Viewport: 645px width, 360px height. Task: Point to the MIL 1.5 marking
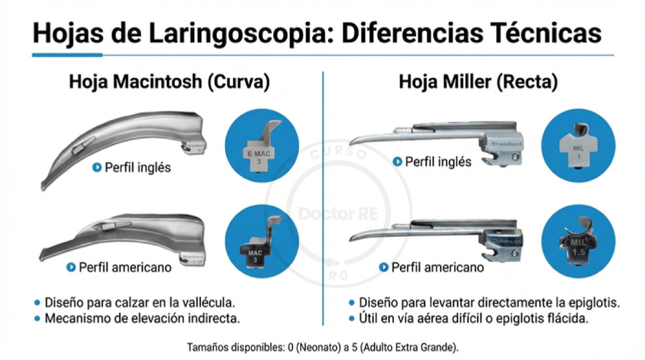[578, 247]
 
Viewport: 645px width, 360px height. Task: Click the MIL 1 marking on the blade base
[578, 152]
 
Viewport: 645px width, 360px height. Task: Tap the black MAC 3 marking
[255, 256]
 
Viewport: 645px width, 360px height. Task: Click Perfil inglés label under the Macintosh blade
[137, 168]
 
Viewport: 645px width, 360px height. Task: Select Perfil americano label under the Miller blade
[437, 268]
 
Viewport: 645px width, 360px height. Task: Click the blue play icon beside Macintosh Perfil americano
[71, 268]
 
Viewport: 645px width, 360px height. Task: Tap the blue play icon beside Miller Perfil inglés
[397, 162]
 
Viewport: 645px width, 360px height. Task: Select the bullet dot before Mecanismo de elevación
[37, 318]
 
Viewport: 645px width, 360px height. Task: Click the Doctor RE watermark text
[338, 214]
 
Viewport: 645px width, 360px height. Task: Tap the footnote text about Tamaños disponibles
[322, 347]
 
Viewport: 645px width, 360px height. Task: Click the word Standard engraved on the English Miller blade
[507, 144]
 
